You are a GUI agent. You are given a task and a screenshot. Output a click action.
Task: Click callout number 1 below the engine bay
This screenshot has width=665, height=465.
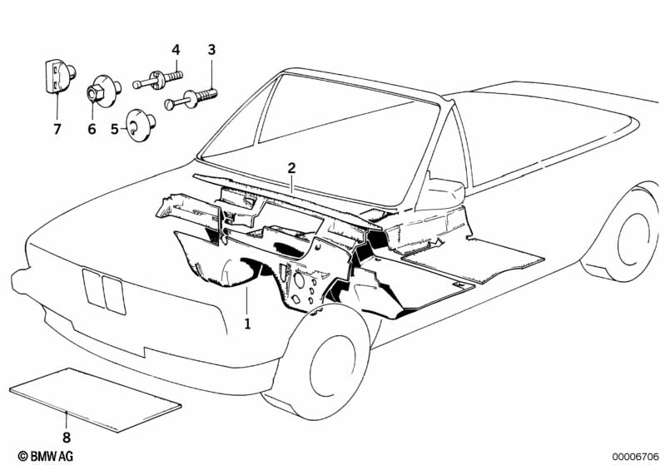247,324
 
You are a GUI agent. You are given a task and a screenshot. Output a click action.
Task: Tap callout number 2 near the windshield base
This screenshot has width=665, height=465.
291,168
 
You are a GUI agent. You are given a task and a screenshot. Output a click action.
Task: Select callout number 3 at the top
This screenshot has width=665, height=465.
211,50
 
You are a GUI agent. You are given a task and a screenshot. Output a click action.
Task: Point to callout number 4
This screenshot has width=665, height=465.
176,50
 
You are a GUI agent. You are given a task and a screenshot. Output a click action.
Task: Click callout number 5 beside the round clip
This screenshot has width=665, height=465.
115,128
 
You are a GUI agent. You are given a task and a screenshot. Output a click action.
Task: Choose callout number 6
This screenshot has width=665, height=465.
92,128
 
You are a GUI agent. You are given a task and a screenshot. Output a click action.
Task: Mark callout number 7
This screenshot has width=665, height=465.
57,128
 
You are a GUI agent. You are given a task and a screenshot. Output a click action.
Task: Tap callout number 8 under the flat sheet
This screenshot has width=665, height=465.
67,437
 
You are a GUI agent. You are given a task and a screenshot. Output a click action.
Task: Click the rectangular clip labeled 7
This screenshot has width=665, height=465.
58,77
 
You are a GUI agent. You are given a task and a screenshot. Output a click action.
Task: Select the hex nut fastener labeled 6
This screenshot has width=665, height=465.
103,91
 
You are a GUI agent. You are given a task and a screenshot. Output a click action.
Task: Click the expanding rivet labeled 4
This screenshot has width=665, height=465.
157,80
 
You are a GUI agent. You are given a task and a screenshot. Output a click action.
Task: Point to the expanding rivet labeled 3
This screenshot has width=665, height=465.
191,98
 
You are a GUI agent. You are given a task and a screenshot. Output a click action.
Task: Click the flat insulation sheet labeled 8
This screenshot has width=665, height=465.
95,400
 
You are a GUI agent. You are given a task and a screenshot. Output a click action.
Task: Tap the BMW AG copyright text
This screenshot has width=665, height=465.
46,456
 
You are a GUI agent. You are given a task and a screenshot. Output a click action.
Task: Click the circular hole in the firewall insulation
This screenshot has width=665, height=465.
299,279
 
